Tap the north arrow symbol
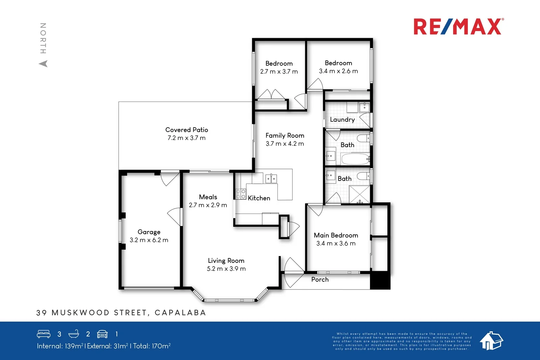(43, 63)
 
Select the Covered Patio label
(187, 130)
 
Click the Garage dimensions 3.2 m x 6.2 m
(149, 240)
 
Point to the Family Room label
(285, 136)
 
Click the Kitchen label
(259, 198)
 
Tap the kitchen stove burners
(241, 194)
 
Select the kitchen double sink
(271, 178)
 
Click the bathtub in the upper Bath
(355, 159)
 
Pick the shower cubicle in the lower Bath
(359, 194)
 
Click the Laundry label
(342, 120)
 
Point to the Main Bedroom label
(336, 236)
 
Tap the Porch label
(320, 280)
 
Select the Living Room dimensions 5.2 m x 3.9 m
(226, 269)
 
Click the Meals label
(208, 197)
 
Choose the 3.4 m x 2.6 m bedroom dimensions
(339, 71)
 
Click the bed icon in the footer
(44, 334)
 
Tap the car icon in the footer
(102, 334)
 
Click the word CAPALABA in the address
(180, 313)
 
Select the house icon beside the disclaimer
(491, 340)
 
